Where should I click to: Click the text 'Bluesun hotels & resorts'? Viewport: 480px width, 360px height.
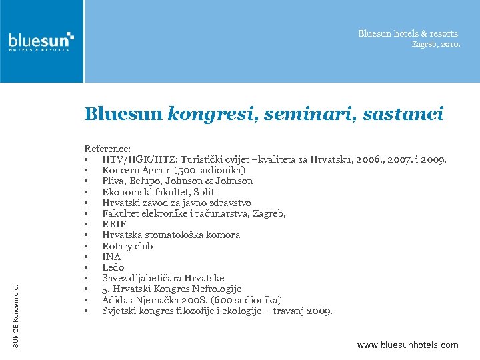(408, 33)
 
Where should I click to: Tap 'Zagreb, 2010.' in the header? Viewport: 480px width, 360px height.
(435, 44)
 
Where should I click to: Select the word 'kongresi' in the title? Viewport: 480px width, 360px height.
(211, 115)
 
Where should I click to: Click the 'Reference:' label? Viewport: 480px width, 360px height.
(107, 149)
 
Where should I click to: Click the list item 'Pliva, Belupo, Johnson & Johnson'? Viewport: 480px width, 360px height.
(177, 181)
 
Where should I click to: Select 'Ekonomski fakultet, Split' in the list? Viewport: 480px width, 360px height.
(158, 192)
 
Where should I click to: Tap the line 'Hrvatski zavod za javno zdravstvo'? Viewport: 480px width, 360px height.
(177, 203)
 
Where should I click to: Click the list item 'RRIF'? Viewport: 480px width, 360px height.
(114, 224)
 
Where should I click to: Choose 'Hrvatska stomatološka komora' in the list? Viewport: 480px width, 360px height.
(171, 235)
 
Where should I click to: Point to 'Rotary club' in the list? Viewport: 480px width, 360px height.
(127, 246)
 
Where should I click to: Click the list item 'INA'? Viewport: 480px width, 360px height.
(111, 257)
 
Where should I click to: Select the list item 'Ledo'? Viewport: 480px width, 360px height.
(113, 267)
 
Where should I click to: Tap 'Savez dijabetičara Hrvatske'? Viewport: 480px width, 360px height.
(163, 278)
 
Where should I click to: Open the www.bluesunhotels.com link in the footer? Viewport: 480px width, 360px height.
(407, 345)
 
